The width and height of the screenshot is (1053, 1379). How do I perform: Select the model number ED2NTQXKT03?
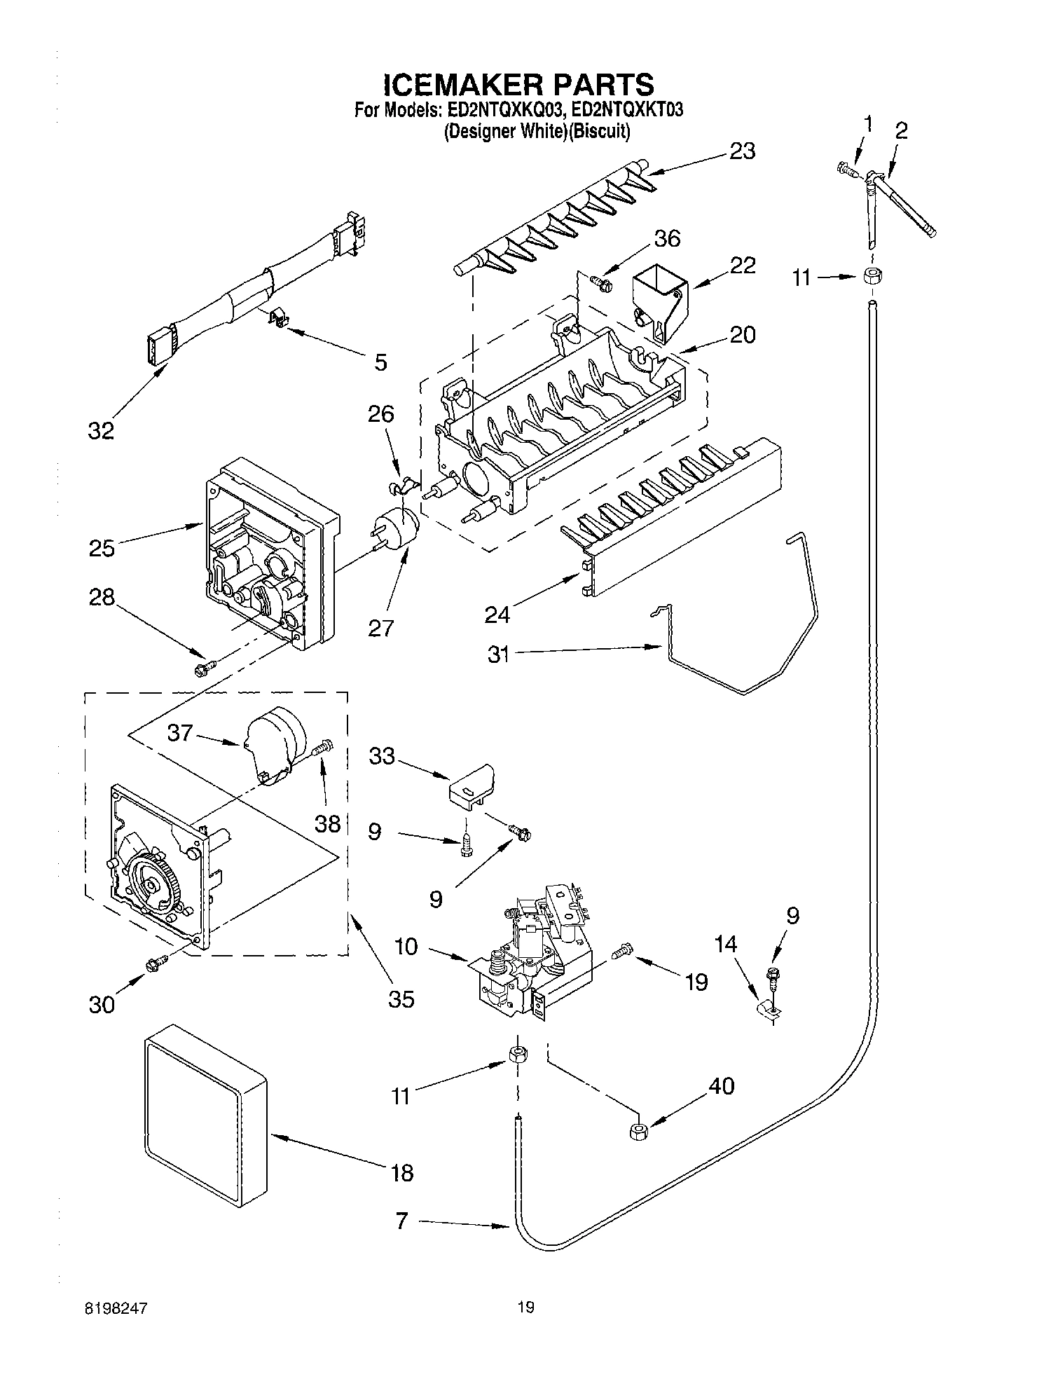pyautogui.click(x=626, y=111)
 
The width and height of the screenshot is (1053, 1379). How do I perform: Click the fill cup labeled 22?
pyautogui.click(x=659, y=301)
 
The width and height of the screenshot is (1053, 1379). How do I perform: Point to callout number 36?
pyautogui.click(x=666, y=238)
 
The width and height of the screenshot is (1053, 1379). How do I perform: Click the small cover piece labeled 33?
pyautogui.click(x=471, y=785)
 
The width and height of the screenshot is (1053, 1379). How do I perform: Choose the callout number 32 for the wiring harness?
pyautogui.click(x=101, y=431)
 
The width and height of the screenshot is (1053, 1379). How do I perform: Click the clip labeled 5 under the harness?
pyautogui.click(x=280, y=320)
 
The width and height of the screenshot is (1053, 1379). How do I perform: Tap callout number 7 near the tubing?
pyautogui.click(x=401, y=1221)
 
